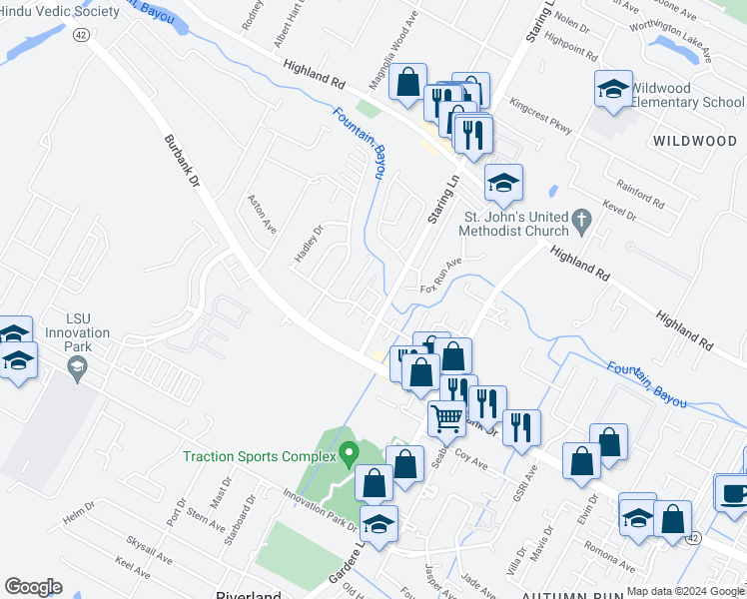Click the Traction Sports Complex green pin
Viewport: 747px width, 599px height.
349,454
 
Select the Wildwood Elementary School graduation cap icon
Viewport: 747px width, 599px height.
613,90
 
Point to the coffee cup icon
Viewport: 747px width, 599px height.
734,492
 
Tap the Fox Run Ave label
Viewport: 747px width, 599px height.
442,270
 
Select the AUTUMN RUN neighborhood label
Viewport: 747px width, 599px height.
573,593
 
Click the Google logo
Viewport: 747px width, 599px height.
33,586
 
